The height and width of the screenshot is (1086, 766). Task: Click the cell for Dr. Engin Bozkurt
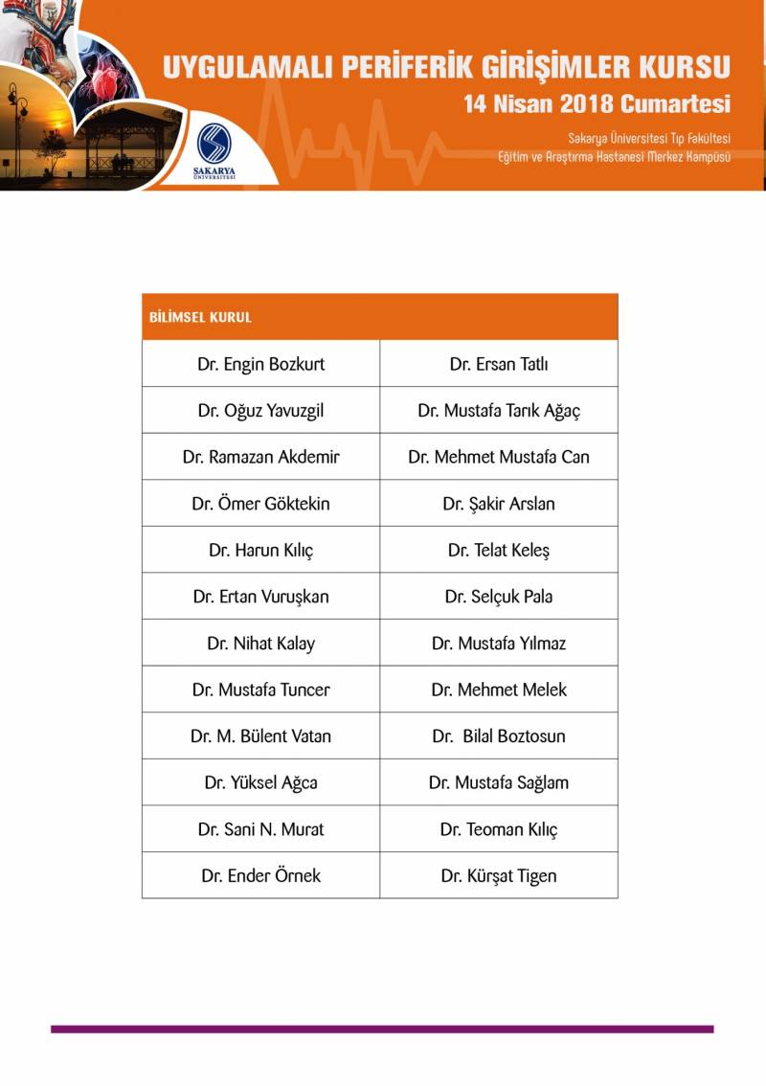[x=260, y=364]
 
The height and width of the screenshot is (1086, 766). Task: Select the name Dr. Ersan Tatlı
[x=499, y=364]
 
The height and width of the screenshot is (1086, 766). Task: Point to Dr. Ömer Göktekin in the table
[x=260, y=504]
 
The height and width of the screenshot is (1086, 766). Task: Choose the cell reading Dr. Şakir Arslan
[x=499, y=504]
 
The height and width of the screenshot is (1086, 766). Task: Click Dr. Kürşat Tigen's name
[x=499, y=875]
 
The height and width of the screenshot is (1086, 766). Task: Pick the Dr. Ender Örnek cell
[x=260, y=875]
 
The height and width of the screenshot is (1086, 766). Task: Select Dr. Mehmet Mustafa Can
[x=499, y=457]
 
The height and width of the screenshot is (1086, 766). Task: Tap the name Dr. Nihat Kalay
[x=260, y=644]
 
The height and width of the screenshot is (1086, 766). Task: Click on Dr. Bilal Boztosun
[x=499, y=736]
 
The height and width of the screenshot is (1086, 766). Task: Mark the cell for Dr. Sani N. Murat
[x=260, y=829]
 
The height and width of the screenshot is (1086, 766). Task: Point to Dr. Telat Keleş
[x=499, y=551]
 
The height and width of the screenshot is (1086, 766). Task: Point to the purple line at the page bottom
[x=382, y=1029]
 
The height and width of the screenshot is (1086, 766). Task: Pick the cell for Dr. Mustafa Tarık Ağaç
[x=499, y=411]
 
